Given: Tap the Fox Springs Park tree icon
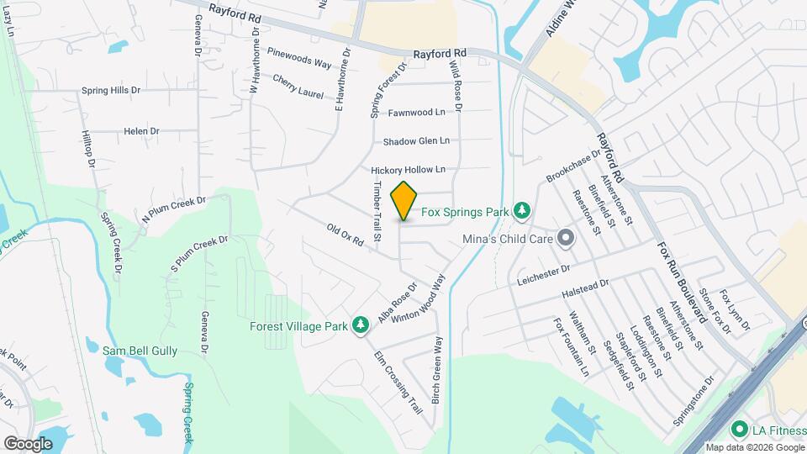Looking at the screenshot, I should (522, 210).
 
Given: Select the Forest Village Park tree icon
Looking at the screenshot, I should (361, 325).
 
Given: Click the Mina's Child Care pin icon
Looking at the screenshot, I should (566, 239).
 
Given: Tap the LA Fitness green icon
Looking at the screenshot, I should (739, 430).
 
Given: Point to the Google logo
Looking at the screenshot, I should (28, 443).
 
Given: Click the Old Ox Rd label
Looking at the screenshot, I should (345, 235).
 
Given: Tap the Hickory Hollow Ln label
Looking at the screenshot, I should (414, 170).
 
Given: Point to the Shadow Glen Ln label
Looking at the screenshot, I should (416, 141).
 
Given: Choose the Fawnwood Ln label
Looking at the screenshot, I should (417, 112).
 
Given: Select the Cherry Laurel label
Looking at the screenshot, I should (298, 87).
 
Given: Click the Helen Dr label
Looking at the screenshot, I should (141, 131).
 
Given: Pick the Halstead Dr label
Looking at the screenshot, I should (585, 288).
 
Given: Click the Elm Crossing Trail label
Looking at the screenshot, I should (398, 381).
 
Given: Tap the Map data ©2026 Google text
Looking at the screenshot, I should (754, 446).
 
